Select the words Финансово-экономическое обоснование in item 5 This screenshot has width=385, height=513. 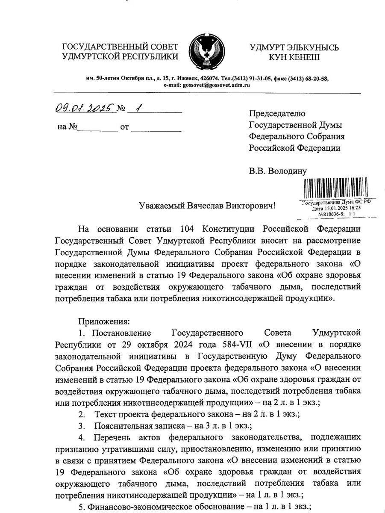(x=162, y=507)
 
